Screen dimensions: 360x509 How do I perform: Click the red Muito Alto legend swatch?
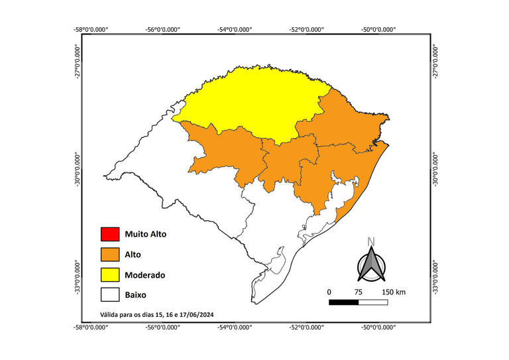(109, 234)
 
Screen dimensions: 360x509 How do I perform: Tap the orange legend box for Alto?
(109, 255)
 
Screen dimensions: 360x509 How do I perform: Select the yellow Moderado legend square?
(109, 274)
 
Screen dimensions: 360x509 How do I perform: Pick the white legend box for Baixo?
(109, 294)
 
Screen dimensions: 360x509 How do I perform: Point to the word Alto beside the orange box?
(133, 255)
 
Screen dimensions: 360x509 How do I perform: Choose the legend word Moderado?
(144, 274)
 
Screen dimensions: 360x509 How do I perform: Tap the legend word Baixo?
(135, 294)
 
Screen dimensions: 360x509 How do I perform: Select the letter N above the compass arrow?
(372, 241)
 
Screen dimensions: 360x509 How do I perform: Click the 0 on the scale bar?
(329, 292)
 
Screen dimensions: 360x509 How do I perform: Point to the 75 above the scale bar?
(359, 292)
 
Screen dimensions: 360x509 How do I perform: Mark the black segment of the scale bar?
(344, 302)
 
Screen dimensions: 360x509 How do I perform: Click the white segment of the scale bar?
(373, 302)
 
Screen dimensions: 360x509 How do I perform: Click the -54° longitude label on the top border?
(235, 30)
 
